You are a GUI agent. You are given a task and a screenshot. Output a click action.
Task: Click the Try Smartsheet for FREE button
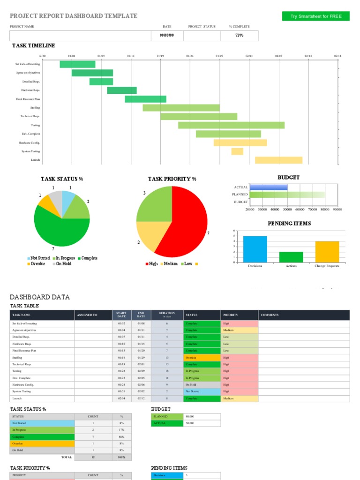click(x=315, y=16)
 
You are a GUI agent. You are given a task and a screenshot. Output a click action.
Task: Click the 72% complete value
click(x=239, y=35)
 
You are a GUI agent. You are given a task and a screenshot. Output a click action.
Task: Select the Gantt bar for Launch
click(x=278, y=160)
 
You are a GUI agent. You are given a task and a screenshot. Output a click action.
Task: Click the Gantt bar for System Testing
click(x=237, y=151)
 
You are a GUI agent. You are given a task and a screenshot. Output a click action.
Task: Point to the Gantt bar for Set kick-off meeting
click(x=77, y=64)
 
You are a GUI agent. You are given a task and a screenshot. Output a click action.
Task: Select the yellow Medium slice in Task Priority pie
click(x=149, y=237)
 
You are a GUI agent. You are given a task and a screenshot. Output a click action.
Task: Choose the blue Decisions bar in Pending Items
click(x=255, y=249)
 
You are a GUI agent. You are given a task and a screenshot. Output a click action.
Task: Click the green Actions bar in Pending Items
click(x=291, y=257)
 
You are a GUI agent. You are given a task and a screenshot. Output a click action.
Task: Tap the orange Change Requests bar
click(x=327, y=252)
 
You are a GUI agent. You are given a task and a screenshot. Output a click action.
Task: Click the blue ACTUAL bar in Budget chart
click(x=269, y=187)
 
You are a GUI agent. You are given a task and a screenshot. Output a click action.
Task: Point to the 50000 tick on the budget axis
click(x=287, y=210)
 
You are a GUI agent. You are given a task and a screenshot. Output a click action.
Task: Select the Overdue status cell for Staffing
click(x=202, y=357)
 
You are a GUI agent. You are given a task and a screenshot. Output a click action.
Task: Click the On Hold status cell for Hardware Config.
click(x=202, y=384)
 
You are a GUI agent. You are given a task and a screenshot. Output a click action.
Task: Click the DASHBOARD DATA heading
click(x=40, y=297)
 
